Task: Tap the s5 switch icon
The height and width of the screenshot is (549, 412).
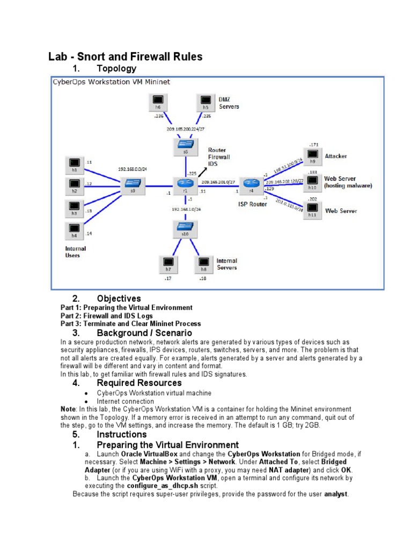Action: (x=185, y=145)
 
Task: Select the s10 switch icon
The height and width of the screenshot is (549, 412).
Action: (x=185, y=228)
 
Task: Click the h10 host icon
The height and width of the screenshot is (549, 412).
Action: (x=313, y=182)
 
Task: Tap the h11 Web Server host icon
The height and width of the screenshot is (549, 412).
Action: (x=313, y=211)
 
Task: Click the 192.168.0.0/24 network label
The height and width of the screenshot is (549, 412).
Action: (x=133, y=168)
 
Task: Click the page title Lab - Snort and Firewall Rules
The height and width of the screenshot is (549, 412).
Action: (x=126, y=57)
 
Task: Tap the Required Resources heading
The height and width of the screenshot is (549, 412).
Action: (x=139, y=383)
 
